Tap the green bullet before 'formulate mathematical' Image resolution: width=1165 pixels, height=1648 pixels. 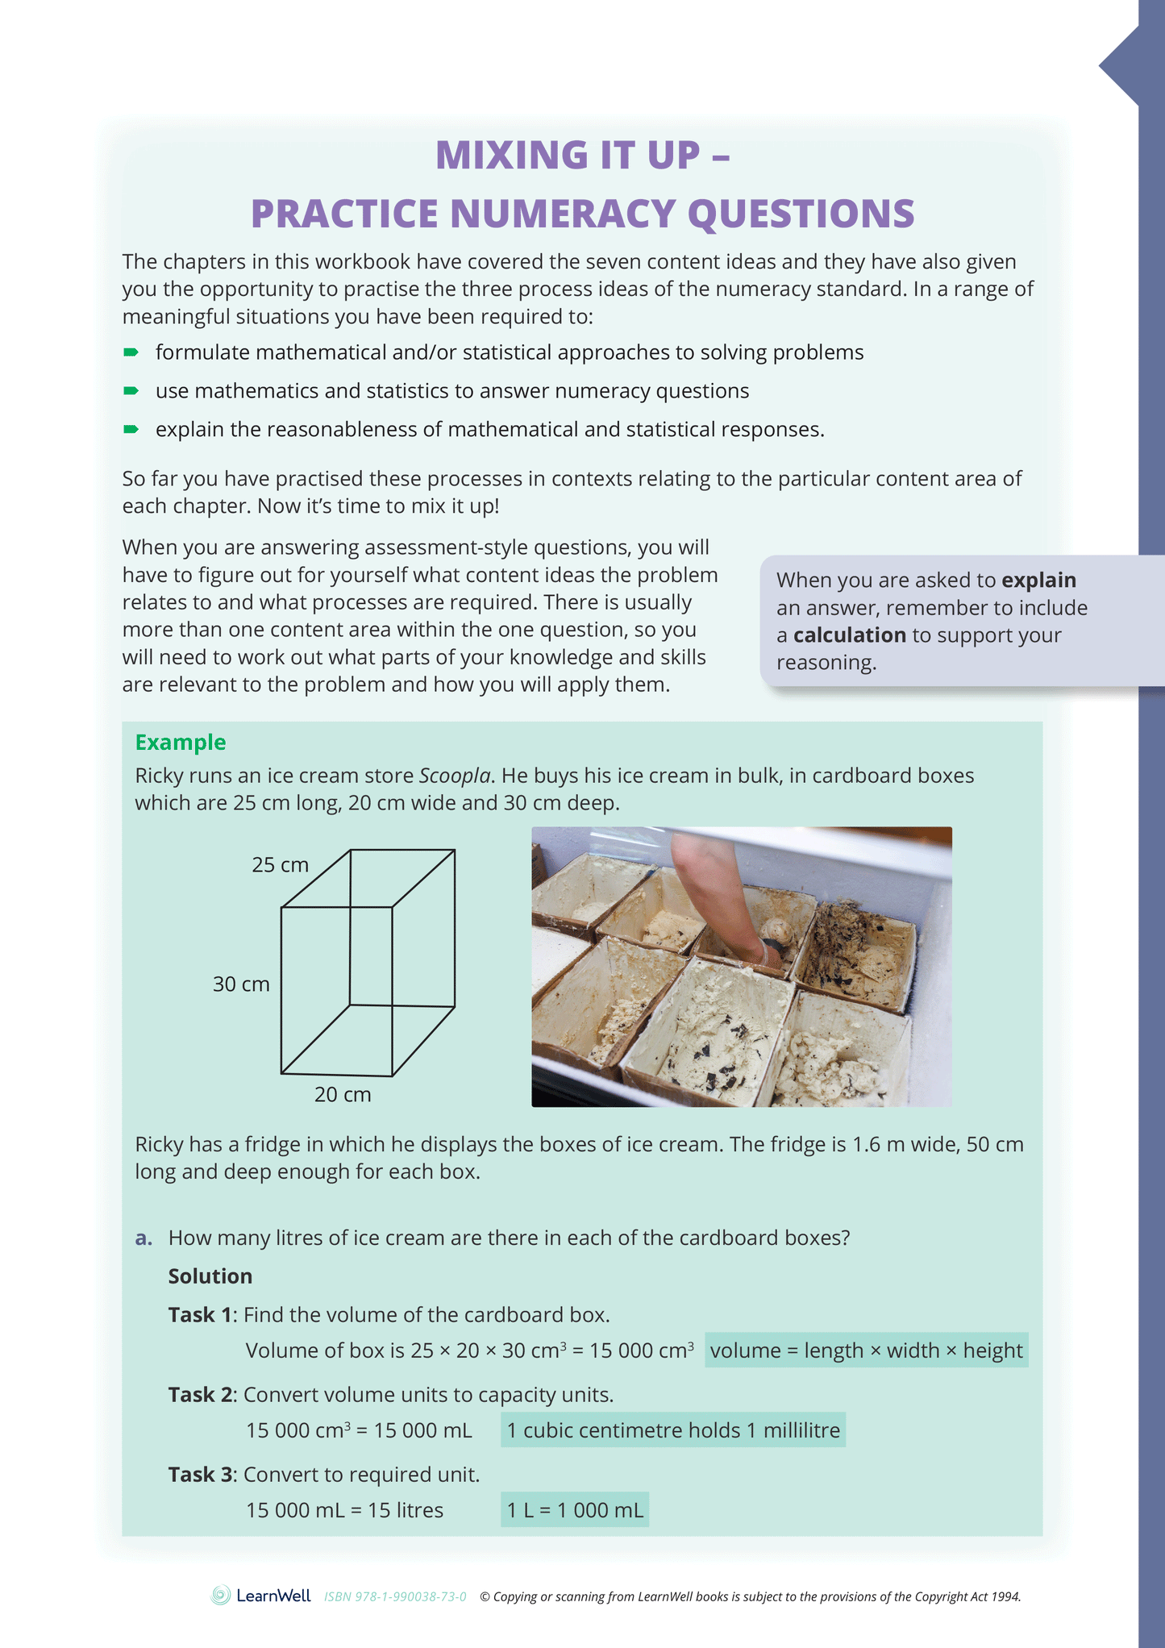pyautogui.click(x=131, y=352)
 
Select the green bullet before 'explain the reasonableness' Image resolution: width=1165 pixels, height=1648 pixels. pyautogui.click(x=131, y=430)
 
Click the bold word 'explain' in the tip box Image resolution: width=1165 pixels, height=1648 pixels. pyautogui.click(x=1038, y=581)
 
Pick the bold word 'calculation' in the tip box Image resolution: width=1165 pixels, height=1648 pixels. pyautogui.click(x=849, y=635)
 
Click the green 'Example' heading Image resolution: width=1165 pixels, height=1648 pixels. pyautogui.click(x=180, y=742)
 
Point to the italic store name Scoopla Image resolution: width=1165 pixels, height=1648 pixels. pyautogui.click(x=454, y=776)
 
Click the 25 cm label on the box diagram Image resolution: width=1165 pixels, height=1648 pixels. pyautogui.click(x=280, y=865)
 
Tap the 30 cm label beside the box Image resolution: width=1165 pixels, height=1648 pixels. pyautogui.click(x=241, y=984)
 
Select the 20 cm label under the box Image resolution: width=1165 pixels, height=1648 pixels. pyautogui.click(x=343, y=1095)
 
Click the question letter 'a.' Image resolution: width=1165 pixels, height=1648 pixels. pyautogui.click(x=144, y=1238)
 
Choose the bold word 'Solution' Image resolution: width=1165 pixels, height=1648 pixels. pyautogui.click(x=210, y=1276)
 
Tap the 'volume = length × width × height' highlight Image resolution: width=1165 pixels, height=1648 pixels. pyautogui.click(x=866, y=1350)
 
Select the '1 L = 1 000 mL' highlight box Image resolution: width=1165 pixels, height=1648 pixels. pyautogui.click(x=574, y=1510)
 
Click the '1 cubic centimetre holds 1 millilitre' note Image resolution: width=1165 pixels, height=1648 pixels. pyautogui.click(x=672, y=1430)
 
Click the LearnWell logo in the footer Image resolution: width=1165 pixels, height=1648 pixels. pyautogui.click(x=261, y=1596)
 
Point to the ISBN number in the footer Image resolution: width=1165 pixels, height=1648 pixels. pyautogui.click(x=395, y=1597)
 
